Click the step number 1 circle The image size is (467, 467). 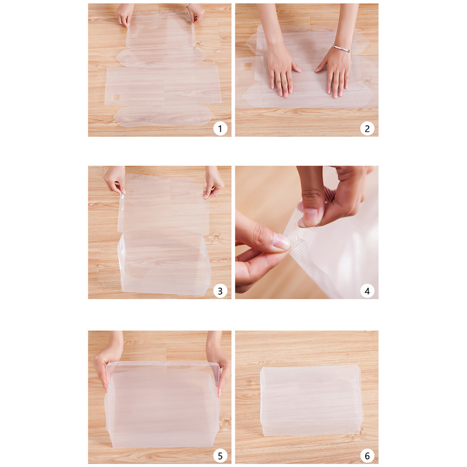point(220,128)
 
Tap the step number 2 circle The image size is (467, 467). point(367,128)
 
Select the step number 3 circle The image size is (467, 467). point(220,291)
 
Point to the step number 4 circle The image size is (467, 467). point(367,291)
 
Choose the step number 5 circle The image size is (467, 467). point(220,456)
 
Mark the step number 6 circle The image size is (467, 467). point(367,456)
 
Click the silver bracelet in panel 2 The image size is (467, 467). point(342,48)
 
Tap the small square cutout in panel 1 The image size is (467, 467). point(116,97)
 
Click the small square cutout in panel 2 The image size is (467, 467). point(248,67)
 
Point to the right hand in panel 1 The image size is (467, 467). point(196,13)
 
